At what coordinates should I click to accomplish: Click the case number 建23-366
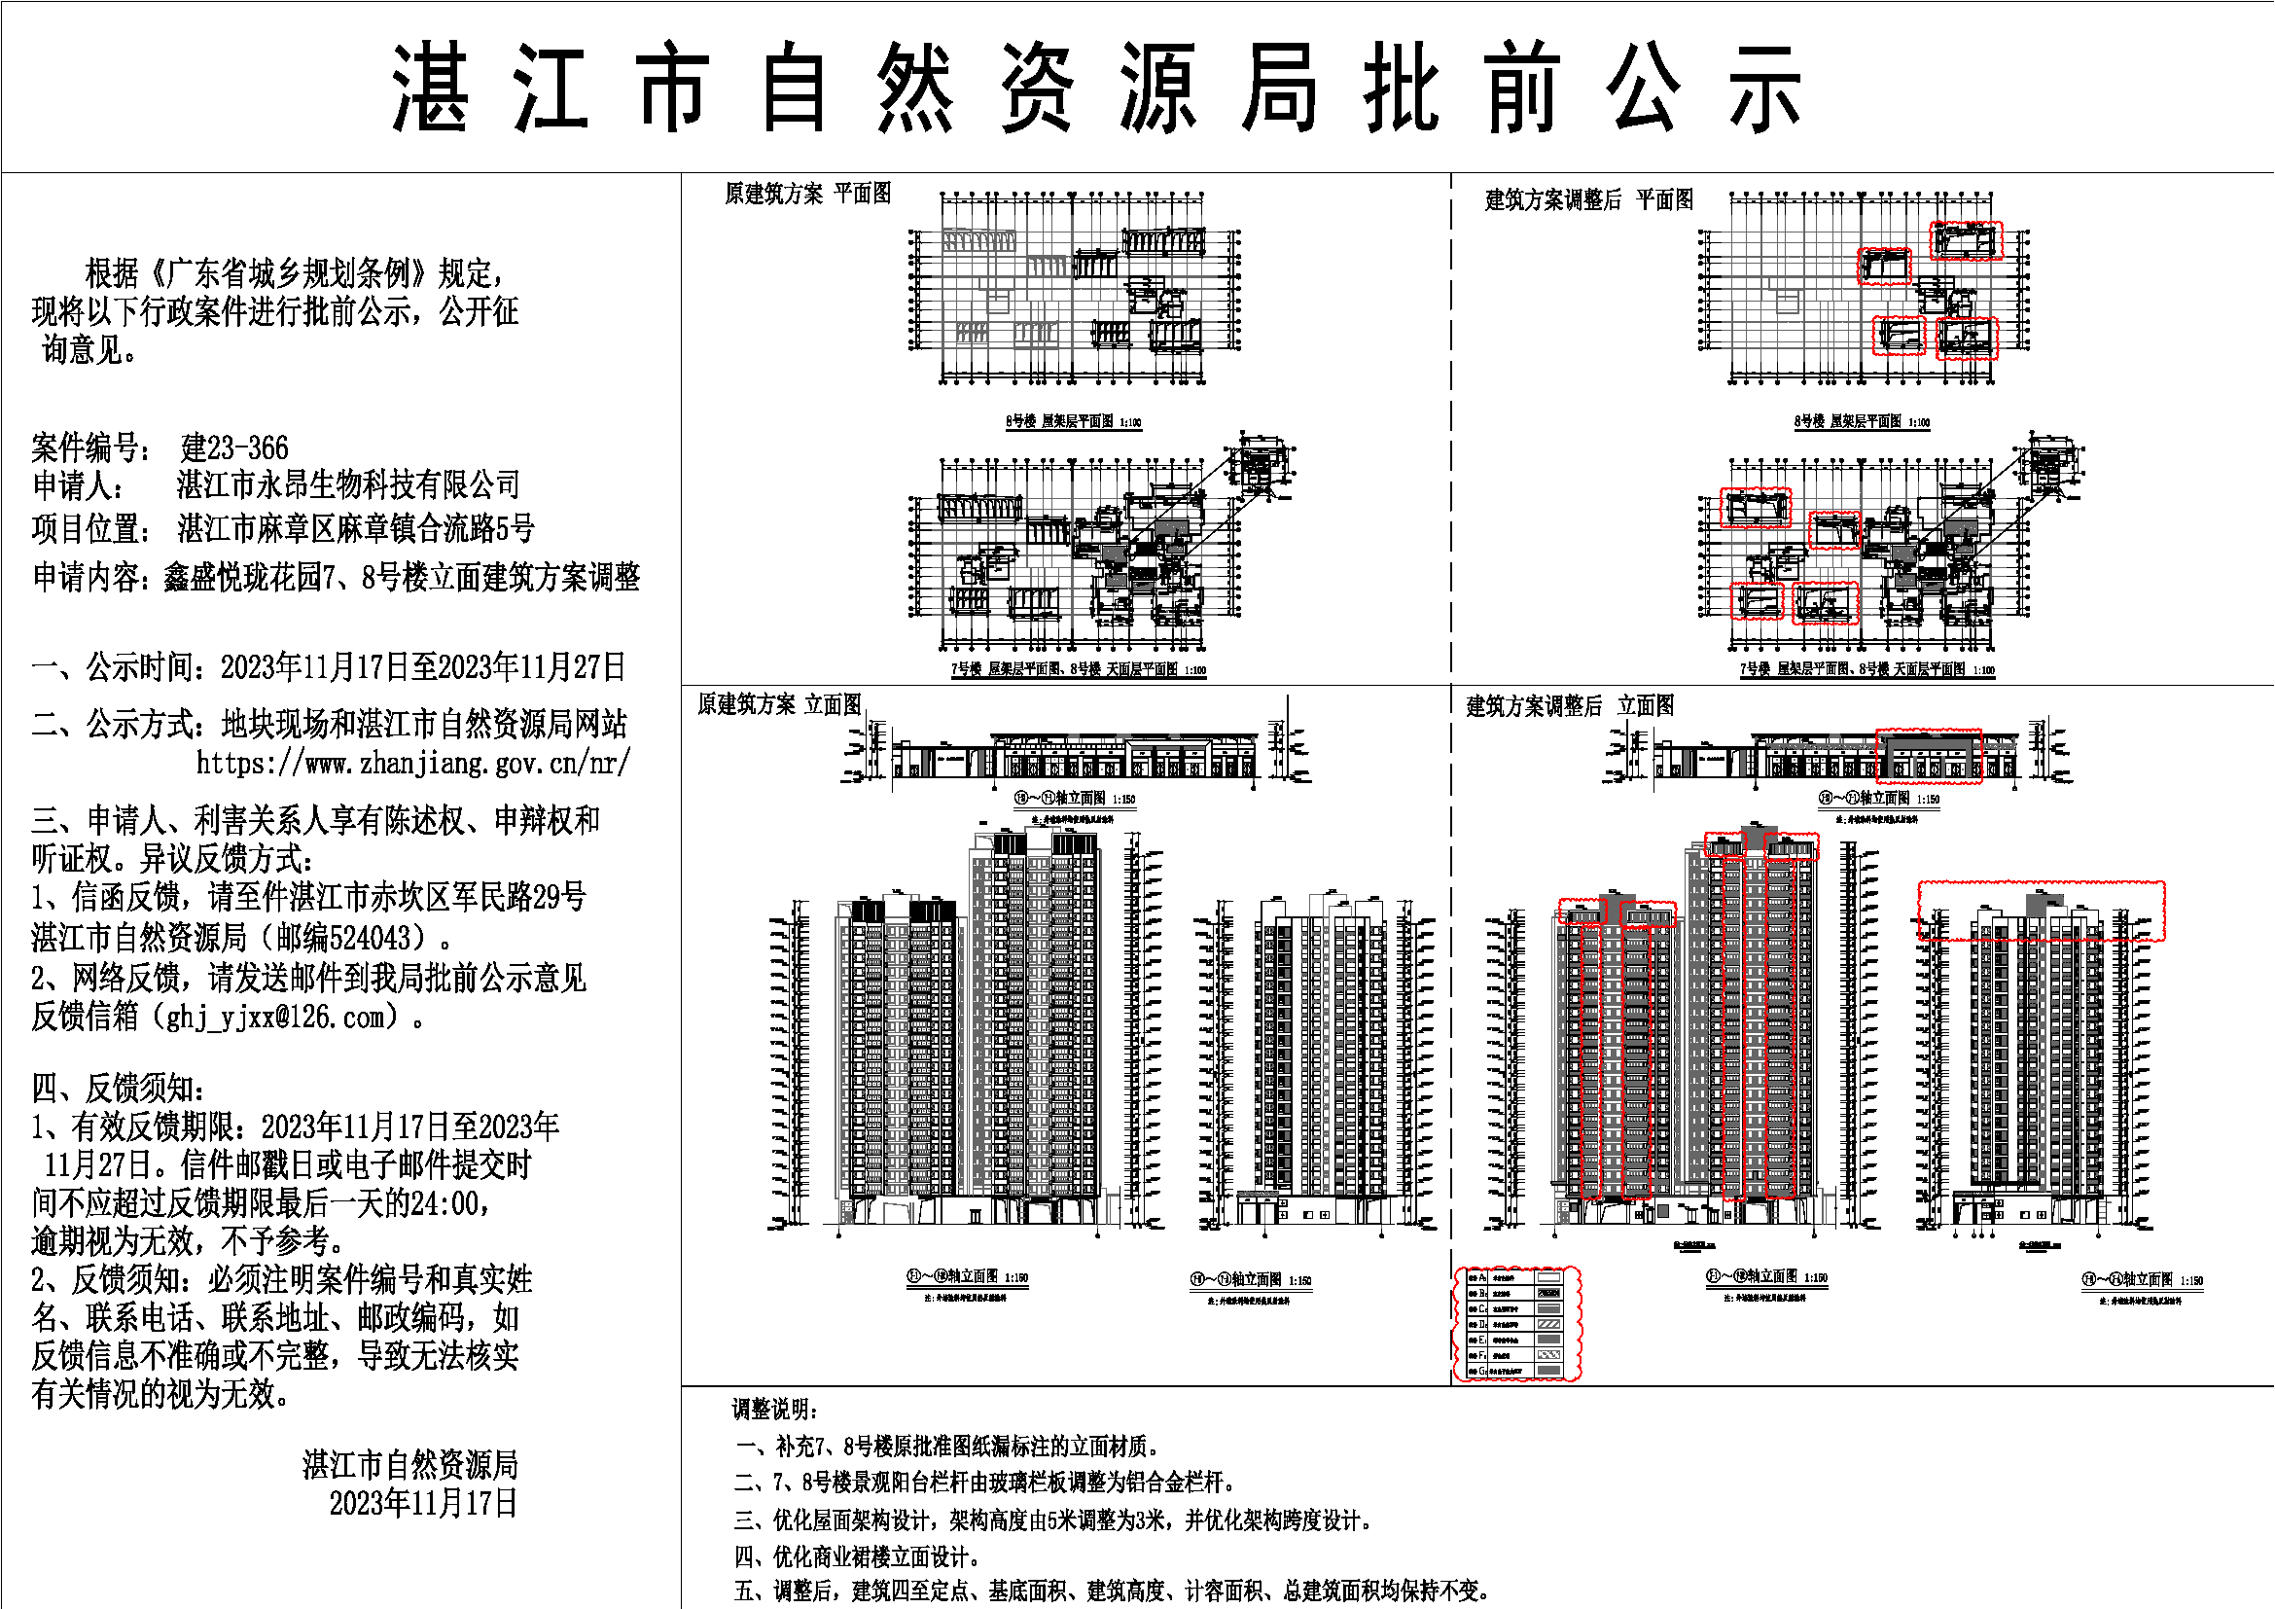point(233,447)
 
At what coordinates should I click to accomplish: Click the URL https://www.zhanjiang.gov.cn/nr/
point(412,763)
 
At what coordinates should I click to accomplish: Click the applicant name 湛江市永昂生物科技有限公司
point(348,485)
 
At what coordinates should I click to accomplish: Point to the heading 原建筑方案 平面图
point(807,195)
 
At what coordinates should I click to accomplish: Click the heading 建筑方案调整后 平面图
point(1588,200)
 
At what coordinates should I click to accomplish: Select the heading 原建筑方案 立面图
point(779,704)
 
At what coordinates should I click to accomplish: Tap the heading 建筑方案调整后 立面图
point(1570,706)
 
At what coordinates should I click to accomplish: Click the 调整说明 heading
point(775,1409)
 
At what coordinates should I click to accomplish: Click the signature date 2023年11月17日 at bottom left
point(423,1503)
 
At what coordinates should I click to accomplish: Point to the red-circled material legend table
point(1516,1323)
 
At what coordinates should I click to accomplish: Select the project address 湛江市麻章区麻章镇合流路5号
point(356,528)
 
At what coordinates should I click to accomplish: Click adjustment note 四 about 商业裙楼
point(857,1555)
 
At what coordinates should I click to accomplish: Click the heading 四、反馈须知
point(119,1088)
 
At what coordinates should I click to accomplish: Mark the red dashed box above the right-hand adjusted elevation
point(2042,910)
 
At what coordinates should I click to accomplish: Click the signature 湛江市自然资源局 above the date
point(410,1464)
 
